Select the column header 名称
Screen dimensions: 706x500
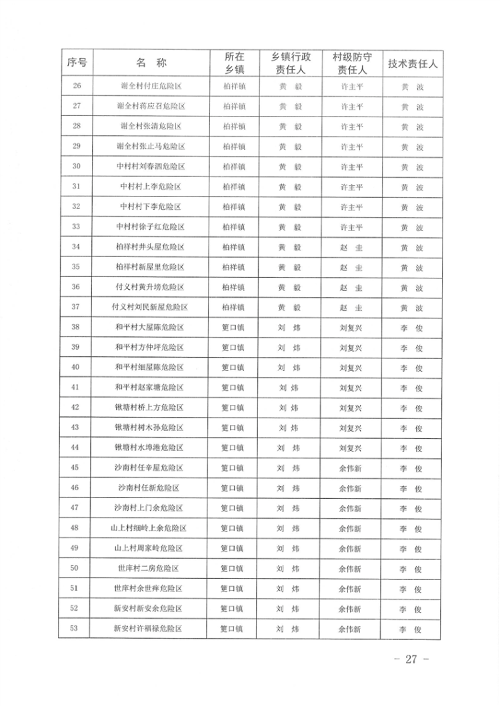pyautogui.click(x=151, y=64)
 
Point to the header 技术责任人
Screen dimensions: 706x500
pyautogui.click(x=412, y=65)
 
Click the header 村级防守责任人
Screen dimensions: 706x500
pyautogui.click(x=351, y=64)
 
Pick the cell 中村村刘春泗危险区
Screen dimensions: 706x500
pyautogui.click(x=151, y=167)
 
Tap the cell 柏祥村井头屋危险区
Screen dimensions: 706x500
pyautogui.click(x=151, y=247)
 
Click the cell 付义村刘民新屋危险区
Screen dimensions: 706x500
pyautogui.click(x=151, y=308)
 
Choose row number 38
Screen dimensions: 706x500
pyautogui.click(x=75, y=328)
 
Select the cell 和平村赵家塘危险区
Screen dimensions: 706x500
pyautogui.click(x=151, y=388)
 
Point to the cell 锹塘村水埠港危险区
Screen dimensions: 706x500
pyautogui.click(x=151, y=448)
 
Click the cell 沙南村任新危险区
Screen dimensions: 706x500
pyautogui.click(x=151, y=488)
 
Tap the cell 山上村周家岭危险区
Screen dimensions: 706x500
pyautogui.click(x=151, y=549)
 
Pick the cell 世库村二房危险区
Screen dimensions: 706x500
pyautogui.click(x=151, y=569)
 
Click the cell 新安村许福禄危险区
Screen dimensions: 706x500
pyautogui.click(x=151, y=629)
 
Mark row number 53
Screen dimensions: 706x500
pyautogui.click(x=75, y=629)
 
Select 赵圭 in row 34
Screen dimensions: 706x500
pyautogui.click(x=351, y=247)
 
